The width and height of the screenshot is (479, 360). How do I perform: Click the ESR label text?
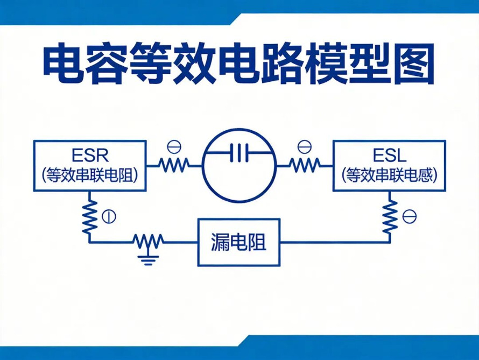pyautogui.click(x=90, y=156)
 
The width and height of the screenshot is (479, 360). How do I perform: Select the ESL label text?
pyautogui.click(x=390, y=156)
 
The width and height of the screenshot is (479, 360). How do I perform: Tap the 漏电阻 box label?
pyautogui.click(x=238, y=242)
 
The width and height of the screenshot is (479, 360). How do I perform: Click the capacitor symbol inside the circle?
pyautogui.click(x=240, y=153)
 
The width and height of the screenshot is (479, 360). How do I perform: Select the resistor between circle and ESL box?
pyautogui.click(x=305, y=166)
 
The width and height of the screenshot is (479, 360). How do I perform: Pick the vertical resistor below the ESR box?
pyautogui.click(x=89, y=217)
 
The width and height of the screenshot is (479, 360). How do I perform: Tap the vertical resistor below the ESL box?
pyautogui.click(x=390, y=217)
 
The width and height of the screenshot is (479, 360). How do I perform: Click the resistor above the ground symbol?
pyautogui.click(x=148, y=241)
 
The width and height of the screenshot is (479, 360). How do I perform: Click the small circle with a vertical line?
pyautogui.click(x=109, y=217)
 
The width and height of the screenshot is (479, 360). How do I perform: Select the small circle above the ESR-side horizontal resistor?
pyautogui.click(x=174, y=147)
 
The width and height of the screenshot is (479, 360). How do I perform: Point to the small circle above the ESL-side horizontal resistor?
pyautogui.click(x=305, y=147)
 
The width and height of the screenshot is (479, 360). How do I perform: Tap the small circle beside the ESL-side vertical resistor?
pyautogui.click(x=410, y=217)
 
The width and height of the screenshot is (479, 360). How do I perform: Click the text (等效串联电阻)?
pyautogui.click(x=90, y=175)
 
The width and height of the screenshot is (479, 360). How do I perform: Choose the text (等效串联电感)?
pyautogui.click(x=390, y=175)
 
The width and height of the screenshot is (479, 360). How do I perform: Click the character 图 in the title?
pyautogui.click(x=414, y=63)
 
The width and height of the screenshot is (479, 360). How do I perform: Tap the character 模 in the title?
pyautogui.click(x=326, y=63)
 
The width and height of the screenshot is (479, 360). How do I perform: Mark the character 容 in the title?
pyautogui.click(x=107, y=63)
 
